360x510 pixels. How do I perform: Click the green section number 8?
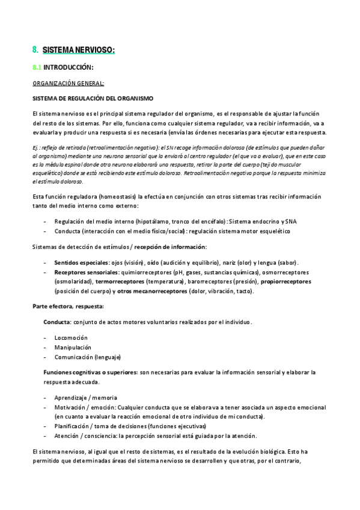click(35, 50)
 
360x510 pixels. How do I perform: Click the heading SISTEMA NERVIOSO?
click(79, 50)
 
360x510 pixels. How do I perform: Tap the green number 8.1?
click(37, 67)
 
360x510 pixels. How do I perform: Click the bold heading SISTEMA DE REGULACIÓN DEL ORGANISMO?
click(93, 97)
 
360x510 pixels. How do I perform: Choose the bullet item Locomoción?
click(71, 337)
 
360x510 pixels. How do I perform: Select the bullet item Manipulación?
click(73, 347)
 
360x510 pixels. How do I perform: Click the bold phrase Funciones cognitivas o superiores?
click(90, 372)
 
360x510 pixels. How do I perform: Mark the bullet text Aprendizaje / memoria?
click(86, 398)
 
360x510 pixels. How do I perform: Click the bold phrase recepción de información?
click(171, 247)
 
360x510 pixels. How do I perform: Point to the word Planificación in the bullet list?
click(73, 426)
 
